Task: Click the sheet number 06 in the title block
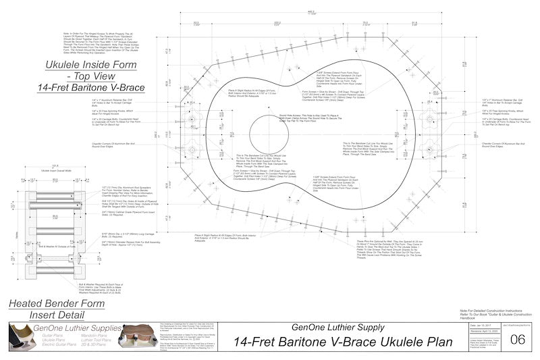point(518,339)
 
